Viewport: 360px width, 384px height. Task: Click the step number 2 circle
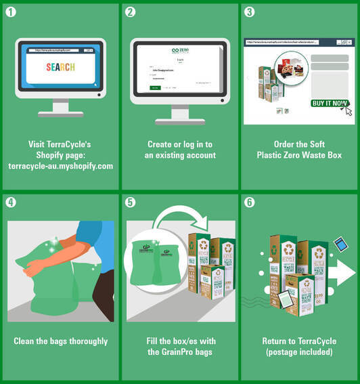[131, 12]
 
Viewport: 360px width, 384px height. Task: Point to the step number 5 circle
[131, 201]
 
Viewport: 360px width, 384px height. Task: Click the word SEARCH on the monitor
[61, 67]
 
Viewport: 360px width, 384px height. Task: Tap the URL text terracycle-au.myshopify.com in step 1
[60, 165]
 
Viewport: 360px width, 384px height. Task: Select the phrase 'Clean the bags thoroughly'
[61, 341]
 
